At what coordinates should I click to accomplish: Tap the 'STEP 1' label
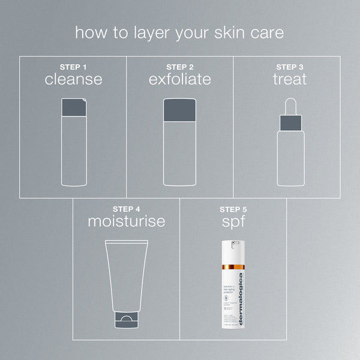pyautogui.click(x=73, y=67)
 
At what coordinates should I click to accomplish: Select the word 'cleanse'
pyautogui.click(x=73, y=79)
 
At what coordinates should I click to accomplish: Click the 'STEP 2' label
pyautogui.click(x=179, y=67)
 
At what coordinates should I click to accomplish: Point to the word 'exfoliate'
pyautogui.click(x=179, y=79)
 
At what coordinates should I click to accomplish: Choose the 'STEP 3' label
pyautogui.click(x=290, y=67)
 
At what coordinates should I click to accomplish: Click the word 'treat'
pyautogui.click(x=290, y=79)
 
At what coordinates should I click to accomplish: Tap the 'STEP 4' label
pyautogui.click(x=126, y=209)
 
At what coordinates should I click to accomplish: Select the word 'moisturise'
pyautogui.click(x=126, y=221)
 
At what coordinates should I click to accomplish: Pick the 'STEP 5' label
pyautogui.click(x=233, y=209)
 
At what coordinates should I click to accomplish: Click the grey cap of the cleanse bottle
pyautogui.click(x=74, y=107)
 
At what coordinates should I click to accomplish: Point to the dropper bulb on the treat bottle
pyautogui.click(x=290, y=105)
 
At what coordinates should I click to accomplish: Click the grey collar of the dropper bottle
pyautogui.click(x=290, y=123)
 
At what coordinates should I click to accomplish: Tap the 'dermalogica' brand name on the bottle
pyautogui.click(x=241, y=299)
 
